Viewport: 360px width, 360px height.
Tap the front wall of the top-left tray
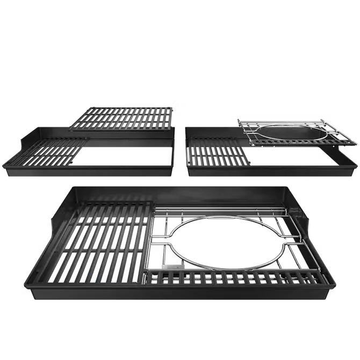(x=89, y=174)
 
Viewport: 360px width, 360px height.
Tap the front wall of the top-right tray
(x=263, y=173)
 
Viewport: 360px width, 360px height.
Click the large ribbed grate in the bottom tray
(x=97, y=242)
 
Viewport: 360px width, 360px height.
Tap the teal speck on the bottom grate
(x=94, y=277)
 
